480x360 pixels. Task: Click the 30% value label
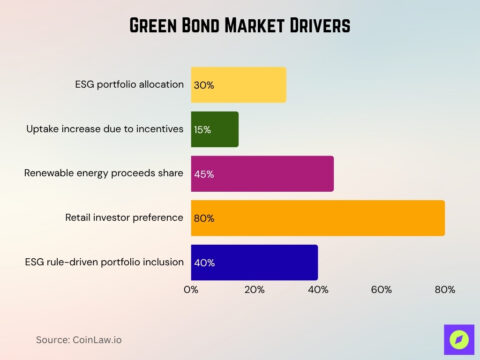203,85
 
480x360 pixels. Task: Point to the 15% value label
203,129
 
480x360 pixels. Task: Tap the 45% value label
204,174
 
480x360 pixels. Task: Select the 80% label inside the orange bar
204,218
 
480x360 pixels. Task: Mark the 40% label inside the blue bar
204,262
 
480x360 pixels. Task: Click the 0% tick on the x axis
191,289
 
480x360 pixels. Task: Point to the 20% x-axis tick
254,289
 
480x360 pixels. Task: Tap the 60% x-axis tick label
381,289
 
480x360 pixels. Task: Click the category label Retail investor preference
125,217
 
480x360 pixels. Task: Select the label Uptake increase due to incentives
105,129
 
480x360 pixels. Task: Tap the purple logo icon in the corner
458,339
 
